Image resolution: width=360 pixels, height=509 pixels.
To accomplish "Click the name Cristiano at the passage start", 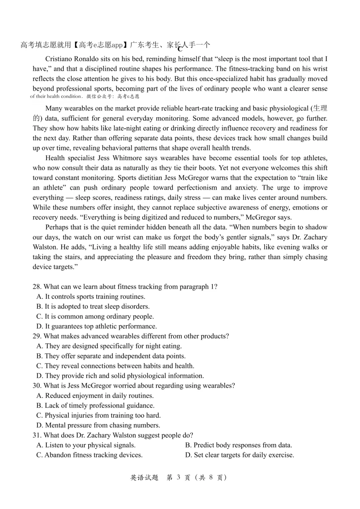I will pyautogui.click(x=59, y=59).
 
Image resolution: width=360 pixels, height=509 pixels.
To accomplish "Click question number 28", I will pyautogui.click(x=37, y=287).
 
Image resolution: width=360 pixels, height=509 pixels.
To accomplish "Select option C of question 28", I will pyautogui.click(x=95, y=316).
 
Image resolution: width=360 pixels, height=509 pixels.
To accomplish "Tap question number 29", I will pyautogui.click(x=37, y=336).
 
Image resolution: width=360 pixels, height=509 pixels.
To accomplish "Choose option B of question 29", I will pyautogui.click(x=111, y=356).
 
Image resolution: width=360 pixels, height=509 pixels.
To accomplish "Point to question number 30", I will pyautogui.click(x=37, y=386).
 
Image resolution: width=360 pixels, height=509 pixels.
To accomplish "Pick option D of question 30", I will pyautogui.click(x=98, y=425).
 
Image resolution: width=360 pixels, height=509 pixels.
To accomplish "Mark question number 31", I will pyautogui.click(x=37, y=435).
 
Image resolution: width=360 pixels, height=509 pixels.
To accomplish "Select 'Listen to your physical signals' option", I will pyautogui.click(x=86, y=445).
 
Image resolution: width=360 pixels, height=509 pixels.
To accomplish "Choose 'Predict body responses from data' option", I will pyautogui.click(x=239, y=445).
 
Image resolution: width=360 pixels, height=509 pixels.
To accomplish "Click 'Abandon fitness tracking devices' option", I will pyautogui.click(x=89, y=455).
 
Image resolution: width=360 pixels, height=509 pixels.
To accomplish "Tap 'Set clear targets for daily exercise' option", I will pyautogui.click(x=240, y=455).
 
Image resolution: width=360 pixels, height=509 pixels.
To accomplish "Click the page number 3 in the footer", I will pyautogui.click(x=178, y=477).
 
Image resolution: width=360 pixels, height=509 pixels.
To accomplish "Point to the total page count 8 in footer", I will pyautogui.click(x=211, y=477).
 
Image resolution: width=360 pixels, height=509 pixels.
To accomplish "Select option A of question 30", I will pyautogui.click(x=95, y=396).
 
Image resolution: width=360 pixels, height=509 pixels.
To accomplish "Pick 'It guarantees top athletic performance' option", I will pyautogui.click(x=97, y=326).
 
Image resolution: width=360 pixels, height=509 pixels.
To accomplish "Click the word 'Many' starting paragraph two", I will pyautogui.click(x=54, y=109).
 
